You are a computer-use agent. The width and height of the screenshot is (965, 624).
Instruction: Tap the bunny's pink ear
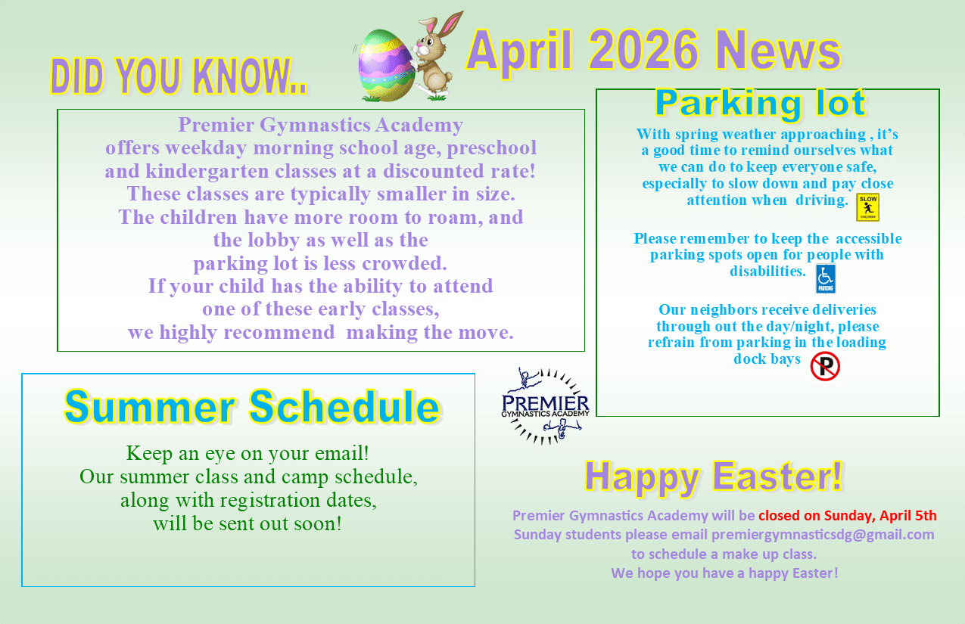[452, 26]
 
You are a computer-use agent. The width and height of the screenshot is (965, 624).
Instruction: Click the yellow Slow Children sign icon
[867, 206]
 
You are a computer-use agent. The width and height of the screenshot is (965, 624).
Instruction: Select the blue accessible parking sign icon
[825, 278]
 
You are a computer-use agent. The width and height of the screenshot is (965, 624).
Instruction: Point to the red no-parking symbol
[825, 367]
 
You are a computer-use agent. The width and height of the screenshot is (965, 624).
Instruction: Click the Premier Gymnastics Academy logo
[545, 405]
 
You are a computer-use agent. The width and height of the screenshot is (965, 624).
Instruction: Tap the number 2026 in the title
[643, 51]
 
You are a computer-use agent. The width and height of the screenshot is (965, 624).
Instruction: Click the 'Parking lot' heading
[760, 104]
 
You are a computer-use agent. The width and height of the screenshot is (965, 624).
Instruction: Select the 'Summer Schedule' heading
[252, 406]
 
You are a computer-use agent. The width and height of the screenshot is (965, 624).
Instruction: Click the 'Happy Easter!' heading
[714, 477]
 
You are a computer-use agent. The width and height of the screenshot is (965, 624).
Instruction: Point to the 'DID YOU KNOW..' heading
[179, 77]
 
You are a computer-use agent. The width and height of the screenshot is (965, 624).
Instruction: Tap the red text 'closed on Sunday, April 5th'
[848, 516]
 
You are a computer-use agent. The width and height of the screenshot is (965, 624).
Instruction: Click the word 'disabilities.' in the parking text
[767, 271]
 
